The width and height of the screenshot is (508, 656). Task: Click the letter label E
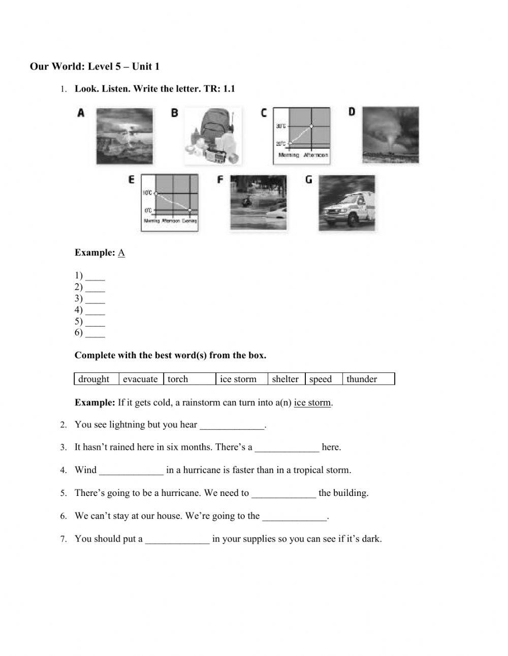coord(132,180)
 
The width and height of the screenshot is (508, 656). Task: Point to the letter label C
coord(264,113)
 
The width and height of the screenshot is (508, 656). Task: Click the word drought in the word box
coord(94,379)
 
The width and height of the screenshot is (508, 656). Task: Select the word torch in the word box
coord(178,379)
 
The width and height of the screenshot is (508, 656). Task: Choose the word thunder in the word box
coord(362,379)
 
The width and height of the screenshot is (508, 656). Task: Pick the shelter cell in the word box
coord(285,379)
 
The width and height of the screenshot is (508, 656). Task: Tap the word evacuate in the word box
coord(140,379)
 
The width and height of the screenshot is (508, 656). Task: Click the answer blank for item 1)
coord(95,277)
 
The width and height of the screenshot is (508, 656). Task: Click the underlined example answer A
coord(121,253)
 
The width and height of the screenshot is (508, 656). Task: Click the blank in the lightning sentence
coord(232,425)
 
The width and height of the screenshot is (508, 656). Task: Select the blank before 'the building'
coord(283,494)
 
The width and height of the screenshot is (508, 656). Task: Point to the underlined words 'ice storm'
coord(312,403)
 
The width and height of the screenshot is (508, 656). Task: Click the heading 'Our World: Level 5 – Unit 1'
coord(95,67)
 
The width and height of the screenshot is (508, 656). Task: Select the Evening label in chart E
coord(189,221)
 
